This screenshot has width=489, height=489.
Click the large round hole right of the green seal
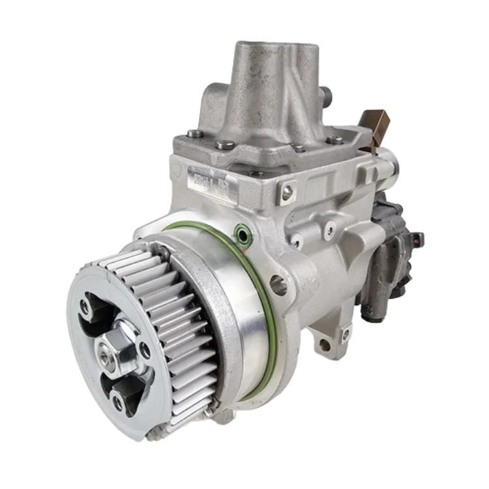(x=277, y=284)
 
